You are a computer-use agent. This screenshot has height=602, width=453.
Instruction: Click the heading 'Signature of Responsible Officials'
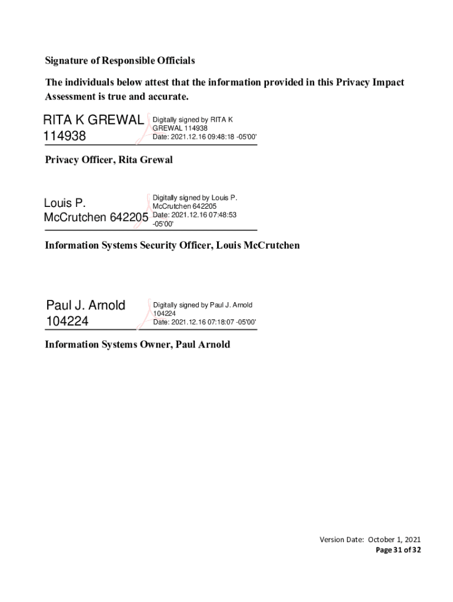click(x=120, y=61)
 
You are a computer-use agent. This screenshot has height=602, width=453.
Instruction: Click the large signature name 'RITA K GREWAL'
click(x=93, y=120)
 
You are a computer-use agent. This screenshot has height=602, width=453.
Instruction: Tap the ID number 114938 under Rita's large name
click(x=65, y=136)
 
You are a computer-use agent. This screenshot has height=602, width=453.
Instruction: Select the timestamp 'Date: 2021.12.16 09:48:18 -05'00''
click(x=205, y=136)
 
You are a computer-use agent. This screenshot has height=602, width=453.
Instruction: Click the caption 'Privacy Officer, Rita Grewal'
click(x=109, y=160)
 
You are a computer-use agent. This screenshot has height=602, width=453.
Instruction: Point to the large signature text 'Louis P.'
click(x=65, y=203)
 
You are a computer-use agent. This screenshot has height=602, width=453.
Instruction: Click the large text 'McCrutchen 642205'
click(x=96, y=218)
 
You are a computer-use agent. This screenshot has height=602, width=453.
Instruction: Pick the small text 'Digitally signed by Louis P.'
click(x=195, y=198)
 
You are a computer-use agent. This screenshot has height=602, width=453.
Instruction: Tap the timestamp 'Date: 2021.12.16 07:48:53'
click(x=195, y=215)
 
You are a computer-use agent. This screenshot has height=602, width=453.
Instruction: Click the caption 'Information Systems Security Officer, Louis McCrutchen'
click(x=172, y=245)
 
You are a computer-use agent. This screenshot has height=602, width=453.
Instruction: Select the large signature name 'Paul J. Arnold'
click(x=86, y=305)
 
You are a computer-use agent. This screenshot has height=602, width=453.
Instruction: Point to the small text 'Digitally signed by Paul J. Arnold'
click(x=203, y=305)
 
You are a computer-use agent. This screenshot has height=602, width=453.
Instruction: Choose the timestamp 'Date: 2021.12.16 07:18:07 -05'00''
click(x=205, y=322)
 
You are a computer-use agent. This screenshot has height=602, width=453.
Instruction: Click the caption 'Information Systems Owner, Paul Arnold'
click(x=138, y=345)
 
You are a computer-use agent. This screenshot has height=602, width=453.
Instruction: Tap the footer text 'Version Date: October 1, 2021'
click(x=370, y=540)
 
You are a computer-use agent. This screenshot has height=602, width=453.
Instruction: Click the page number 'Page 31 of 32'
click(x=398, y=550)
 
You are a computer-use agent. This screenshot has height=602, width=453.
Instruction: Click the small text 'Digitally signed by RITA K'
click(x=193, y=119)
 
